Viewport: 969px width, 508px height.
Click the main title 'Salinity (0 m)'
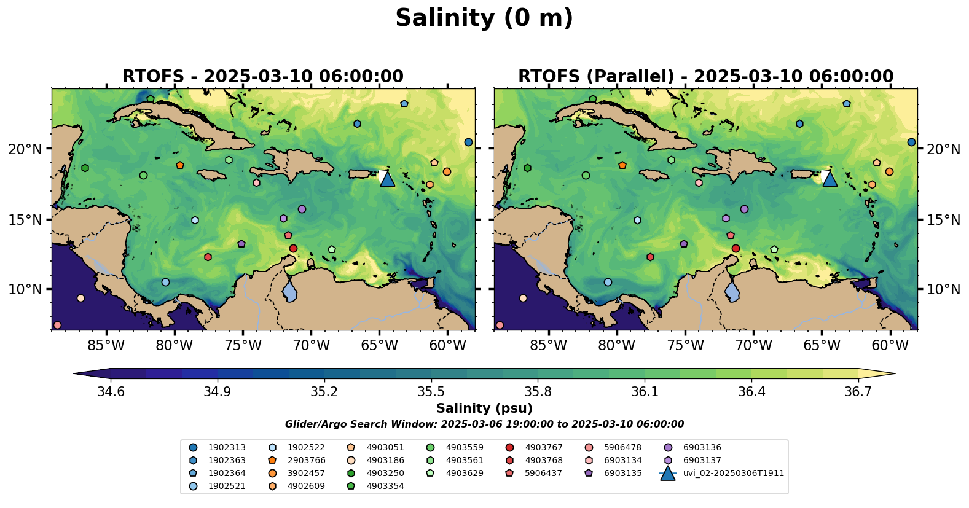pos(484,18)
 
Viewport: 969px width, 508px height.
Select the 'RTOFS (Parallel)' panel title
pos(705,76)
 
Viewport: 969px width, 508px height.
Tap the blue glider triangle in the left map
pos(387,179)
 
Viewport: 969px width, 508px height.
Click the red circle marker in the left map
pos(293,248)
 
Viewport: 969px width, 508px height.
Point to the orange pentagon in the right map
pos(622,165)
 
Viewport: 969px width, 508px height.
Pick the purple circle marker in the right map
pos(744,209)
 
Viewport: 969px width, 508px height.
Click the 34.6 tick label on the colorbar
pos(111,392)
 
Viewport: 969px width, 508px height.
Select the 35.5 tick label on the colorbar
pos(431,392)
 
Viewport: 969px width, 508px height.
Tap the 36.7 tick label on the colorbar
pos(858,392)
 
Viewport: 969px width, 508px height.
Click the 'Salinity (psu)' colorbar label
pos(484,408)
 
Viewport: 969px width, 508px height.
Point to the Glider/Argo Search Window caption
pos(484,424)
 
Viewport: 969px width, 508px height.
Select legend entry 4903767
pos(543,448)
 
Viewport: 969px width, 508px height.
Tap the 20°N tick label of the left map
pos(25,149)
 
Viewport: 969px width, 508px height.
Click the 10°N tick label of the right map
pos(943,289)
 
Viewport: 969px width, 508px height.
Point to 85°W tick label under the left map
pos(106,345)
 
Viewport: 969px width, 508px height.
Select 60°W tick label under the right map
pos(890,345)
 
